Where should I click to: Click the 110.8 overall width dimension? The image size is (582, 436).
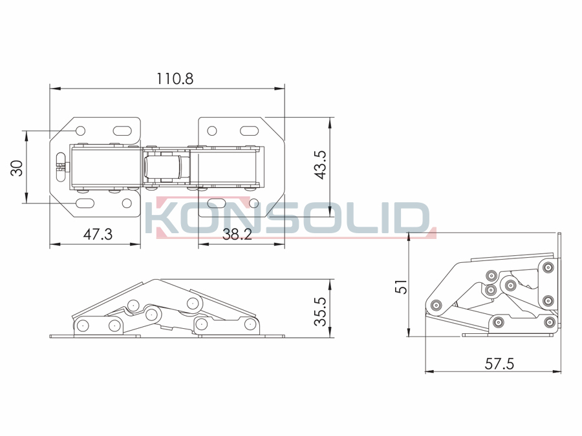tap(175, 79)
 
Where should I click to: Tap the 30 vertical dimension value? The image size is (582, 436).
tap(17, 168)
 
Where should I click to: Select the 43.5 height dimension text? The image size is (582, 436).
tap(320, 165)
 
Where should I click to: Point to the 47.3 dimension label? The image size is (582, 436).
tap(98, 234)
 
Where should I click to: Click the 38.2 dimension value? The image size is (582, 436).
tap(237, 234)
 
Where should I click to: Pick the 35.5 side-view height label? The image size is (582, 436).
tap(320, 311)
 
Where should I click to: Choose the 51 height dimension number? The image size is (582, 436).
tap(401, 287)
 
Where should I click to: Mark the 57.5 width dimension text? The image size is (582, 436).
tap(499, 364)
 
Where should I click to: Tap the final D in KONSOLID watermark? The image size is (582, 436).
tap(415, 218)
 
